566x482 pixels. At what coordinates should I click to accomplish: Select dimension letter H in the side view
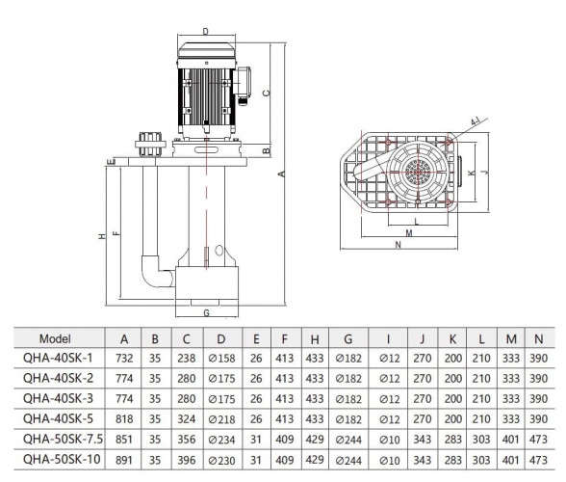(101, 234)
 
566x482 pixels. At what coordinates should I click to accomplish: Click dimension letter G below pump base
(205, 313)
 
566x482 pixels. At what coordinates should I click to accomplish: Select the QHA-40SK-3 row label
(58, 399)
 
